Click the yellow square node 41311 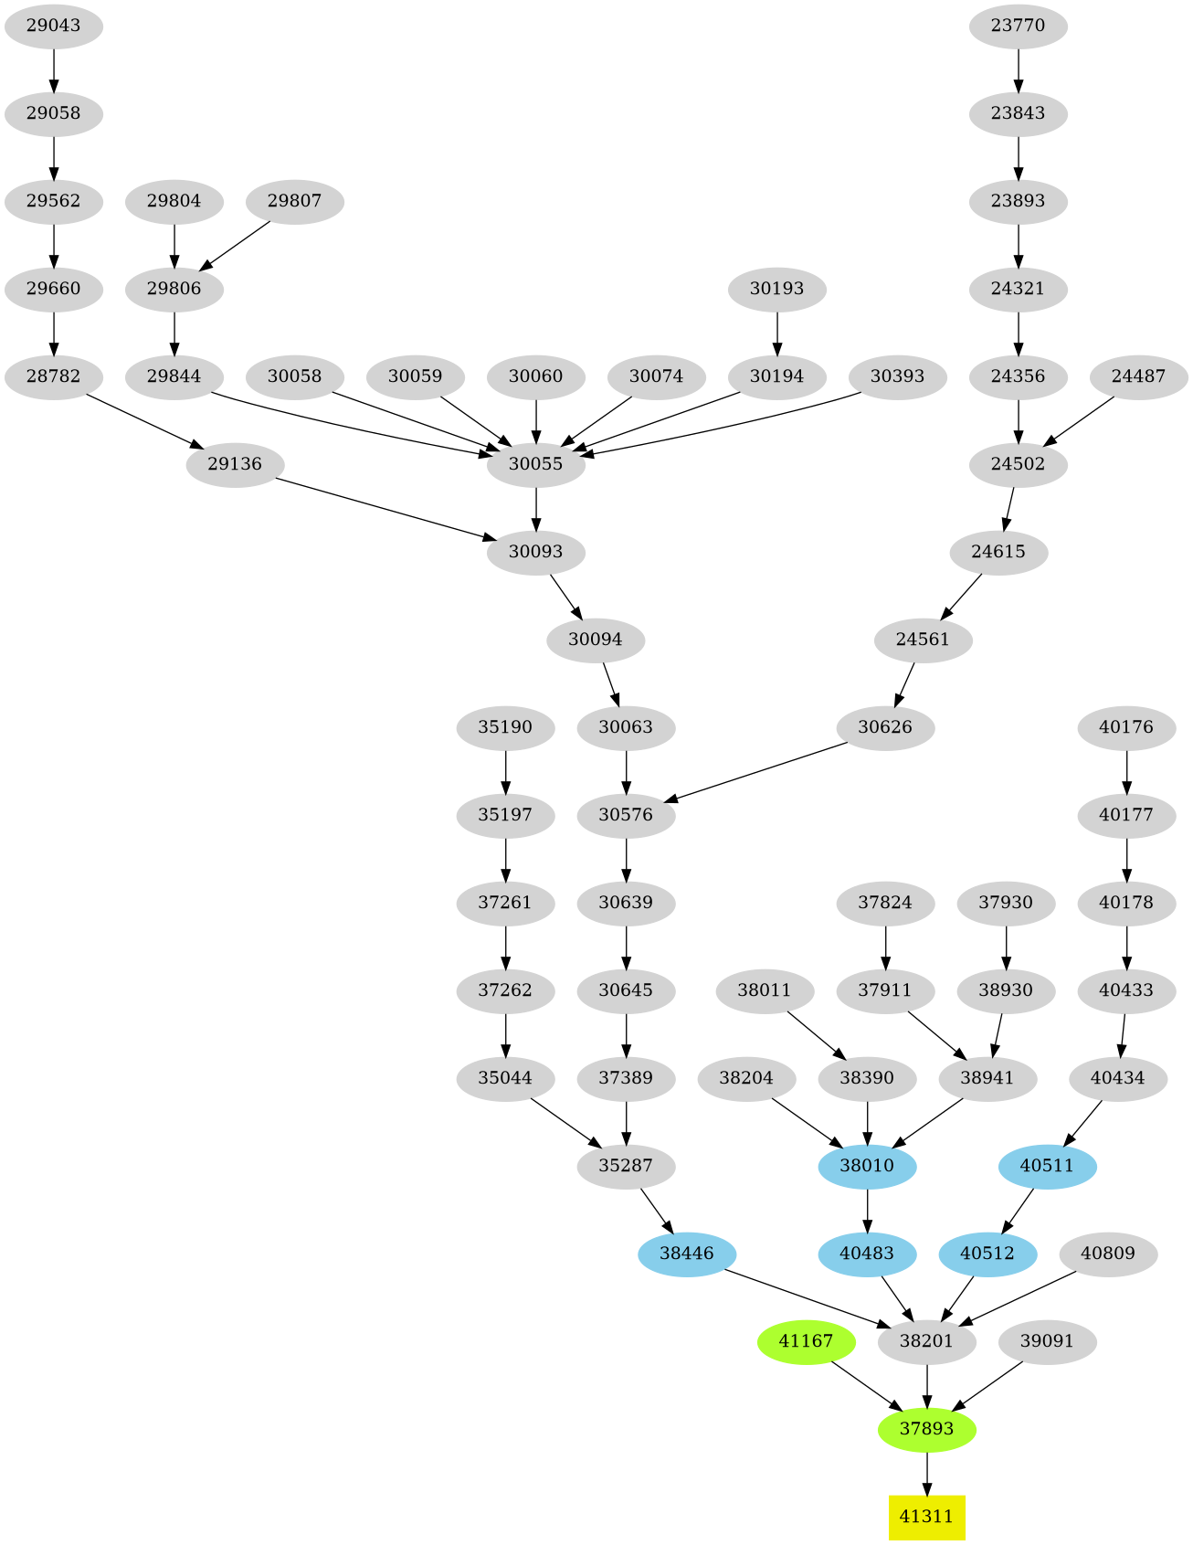[926, 1517]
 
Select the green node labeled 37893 [926, 1429]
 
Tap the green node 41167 [806, 1341]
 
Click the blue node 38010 [867, 1166]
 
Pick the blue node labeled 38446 [686, 1254]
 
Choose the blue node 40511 [1047, 1166]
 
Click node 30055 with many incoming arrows [535, 464]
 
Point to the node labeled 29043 [53, 26]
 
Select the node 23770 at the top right [1018, 26]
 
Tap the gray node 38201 [926, 1341]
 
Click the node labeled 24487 [1138, 376]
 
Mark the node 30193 [776, 289]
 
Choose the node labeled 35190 [505, 727]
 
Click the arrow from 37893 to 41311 [926, 1473]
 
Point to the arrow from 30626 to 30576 [758, 773]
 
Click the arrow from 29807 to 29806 [235, 245]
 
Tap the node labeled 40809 [1107, 1254]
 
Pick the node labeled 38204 [746, 1078]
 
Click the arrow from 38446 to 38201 [804, 1297]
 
